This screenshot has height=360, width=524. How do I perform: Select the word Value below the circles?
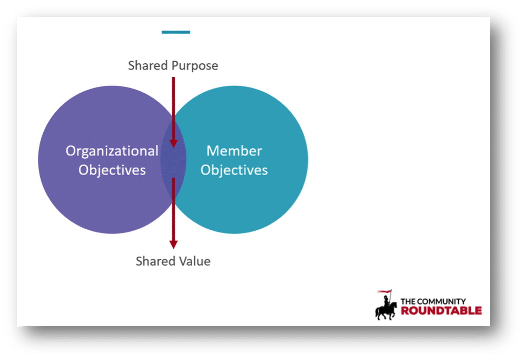pyautogui.click(x=193, y=261)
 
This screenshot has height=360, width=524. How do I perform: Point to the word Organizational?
pyautogui.click(x=112, y=151)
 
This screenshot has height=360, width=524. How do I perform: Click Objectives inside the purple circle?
pyautogui.click(x=112, y=170)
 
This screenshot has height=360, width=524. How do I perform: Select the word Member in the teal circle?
pyautogui.click(x=234, y=151)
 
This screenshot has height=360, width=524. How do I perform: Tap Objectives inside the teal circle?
pyautogui.click(x=234, y=170)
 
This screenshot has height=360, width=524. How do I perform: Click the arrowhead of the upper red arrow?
pyautogui.click(x=173, y=143)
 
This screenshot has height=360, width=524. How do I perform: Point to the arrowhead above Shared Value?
pyautogui.click(x=173, y=244)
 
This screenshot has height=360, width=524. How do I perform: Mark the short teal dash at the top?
pyautogui.click(x=176, y=32)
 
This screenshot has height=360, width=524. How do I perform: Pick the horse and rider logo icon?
pyautogui.click(x=385, y=307)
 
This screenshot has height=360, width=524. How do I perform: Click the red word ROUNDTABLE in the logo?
pyautogui.click(x=441, y=310)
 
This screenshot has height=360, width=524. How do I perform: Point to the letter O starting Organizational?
pyautogui.click(x=71, y=151)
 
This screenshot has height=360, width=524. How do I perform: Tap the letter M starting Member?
pyautogui.click(x=212, y=151)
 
